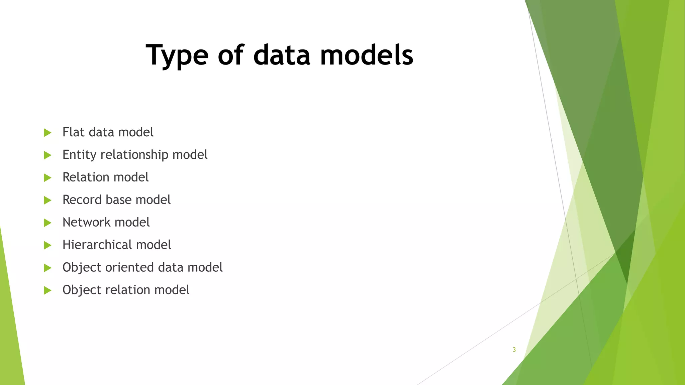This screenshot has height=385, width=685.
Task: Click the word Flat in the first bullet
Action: [x=74, y=132]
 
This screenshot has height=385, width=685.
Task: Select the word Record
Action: [x=82, y=200]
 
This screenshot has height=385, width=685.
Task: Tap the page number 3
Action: [x=514, y=350]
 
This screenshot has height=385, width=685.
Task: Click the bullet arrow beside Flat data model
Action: [x=47, y=133]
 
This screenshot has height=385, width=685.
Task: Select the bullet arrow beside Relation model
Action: [x=47, y=177]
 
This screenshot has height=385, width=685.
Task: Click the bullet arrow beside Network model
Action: [x=47, y=223]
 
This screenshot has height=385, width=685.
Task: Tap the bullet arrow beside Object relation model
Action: [x=47, y=290]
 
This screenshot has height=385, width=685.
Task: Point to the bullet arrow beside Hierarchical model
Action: [x=47, y=245]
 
